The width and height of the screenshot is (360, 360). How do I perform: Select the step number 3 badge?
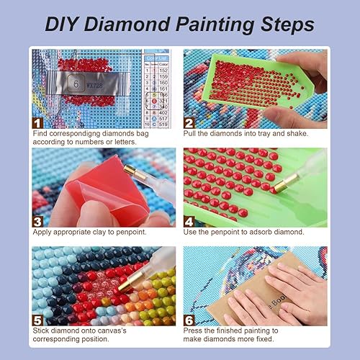36,220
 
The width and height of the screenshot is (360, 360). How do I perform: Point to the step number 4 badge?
189,220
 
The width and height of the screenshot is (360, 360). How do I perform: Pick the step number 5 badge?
36,319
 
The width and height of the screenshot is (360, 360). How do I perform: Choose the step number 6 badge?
189,319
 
